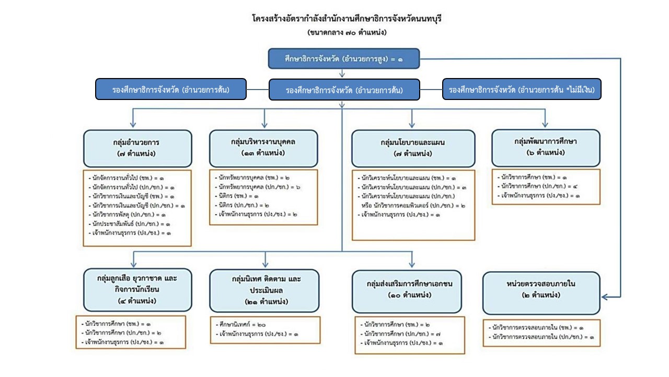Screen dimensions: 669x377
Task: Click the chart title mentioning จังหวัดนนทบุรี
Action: (x=347, y=18)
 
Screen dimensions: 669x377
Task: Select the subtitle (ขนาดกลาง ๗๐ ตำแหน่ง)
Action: (x=347, y=32)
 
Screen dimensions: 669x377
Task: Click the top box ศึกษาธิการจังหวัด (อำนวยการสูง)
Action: (x=344, y=59)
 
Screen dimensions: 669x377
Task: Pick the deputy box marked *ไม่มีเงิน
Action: (x=522, y=89)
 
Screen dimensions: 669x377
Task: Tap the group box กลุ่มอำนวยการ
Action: (x=137, y=148)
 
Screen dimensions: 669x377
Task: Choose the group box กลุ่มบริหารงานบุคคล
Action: (x=263, y=148)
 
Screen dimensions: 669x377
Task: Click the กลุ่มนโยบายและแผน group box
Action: (x=413, y=148)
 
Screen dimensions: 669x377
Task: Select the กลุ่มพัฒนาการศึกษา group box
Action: (x=546, y=148)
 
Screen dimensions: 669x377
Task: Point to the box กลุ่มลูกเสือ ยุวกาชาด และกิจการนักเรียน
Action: (x=137, y=290)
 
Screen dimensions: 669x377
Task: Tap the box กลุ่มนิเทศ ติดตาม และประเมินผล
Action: (x=264, y=291)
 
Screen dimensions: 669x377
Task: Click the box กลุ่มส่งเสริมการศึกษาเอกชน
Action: (x=407, y=292)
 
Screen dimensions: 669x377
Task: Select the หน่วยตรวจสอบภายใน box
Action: (x=541, y=293)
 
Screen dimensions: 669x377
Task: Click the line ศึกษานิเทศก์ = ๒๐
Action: (x=240, y=324)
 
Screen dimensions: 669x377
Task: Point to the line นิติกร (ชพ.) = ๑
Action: (x=237, y=196)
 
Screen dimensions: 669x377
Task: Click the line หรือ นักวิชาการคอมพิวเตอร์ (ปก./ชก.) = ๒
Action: (x=413, y=206)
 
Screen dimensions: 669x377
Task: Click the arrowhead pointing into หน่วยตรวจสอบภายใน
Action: (x=605, y=297)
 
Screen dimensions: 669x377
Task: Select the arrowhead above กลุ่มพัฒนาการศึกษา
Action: (x=545, y=124)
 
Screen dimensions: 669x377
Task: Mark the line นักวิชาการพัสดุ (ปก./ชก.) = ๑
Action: (x=127, y=215)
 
